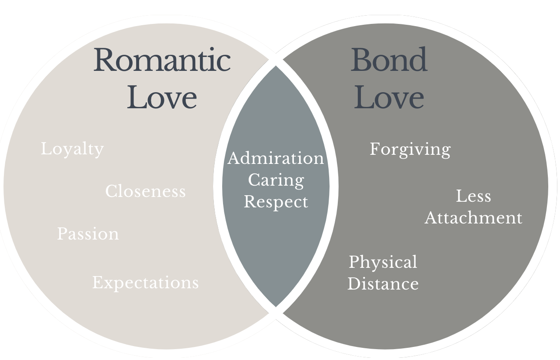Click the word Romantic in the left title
point(162,60)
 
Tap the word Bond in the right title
point(389,60)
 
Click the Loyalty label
point(72,150)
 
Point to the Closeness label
point(145,191)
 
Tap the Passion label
point(88,234)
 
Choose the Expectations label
point(145,283)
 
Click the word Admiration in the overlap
point(276,158)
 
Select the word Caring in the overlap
point(276,180)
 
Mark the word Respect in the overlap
point(276,202)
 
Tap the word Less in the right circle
point(473,196)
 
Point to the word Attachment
point(473,217)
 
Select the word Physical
point(383,263)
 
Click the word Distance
point(383,284)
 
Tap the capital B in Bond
point(362,60)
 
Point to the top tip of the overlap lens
point(276,66)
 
